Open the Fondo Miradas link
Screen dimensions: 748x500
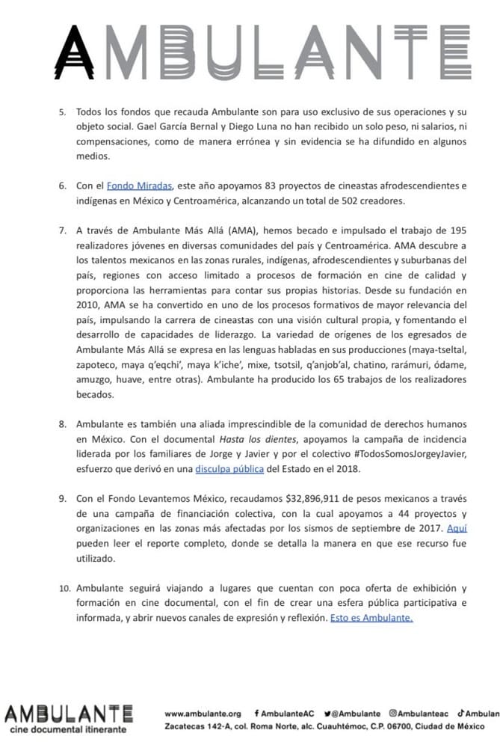(x=140, y=185)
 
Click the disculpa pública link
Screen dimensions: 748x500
(x=225, y=469)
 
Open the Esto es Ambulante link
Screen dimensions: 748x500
(x=371, y=619)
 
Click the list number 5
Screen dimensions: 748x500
(x=62, y=111)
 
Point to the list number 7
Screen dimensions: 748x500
(x=62, y=229)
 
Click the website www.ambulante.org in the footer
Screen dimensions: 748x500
(x=203, y=714)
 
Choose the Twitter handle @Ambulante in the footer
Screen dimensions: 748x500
(x=351, y=714)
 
